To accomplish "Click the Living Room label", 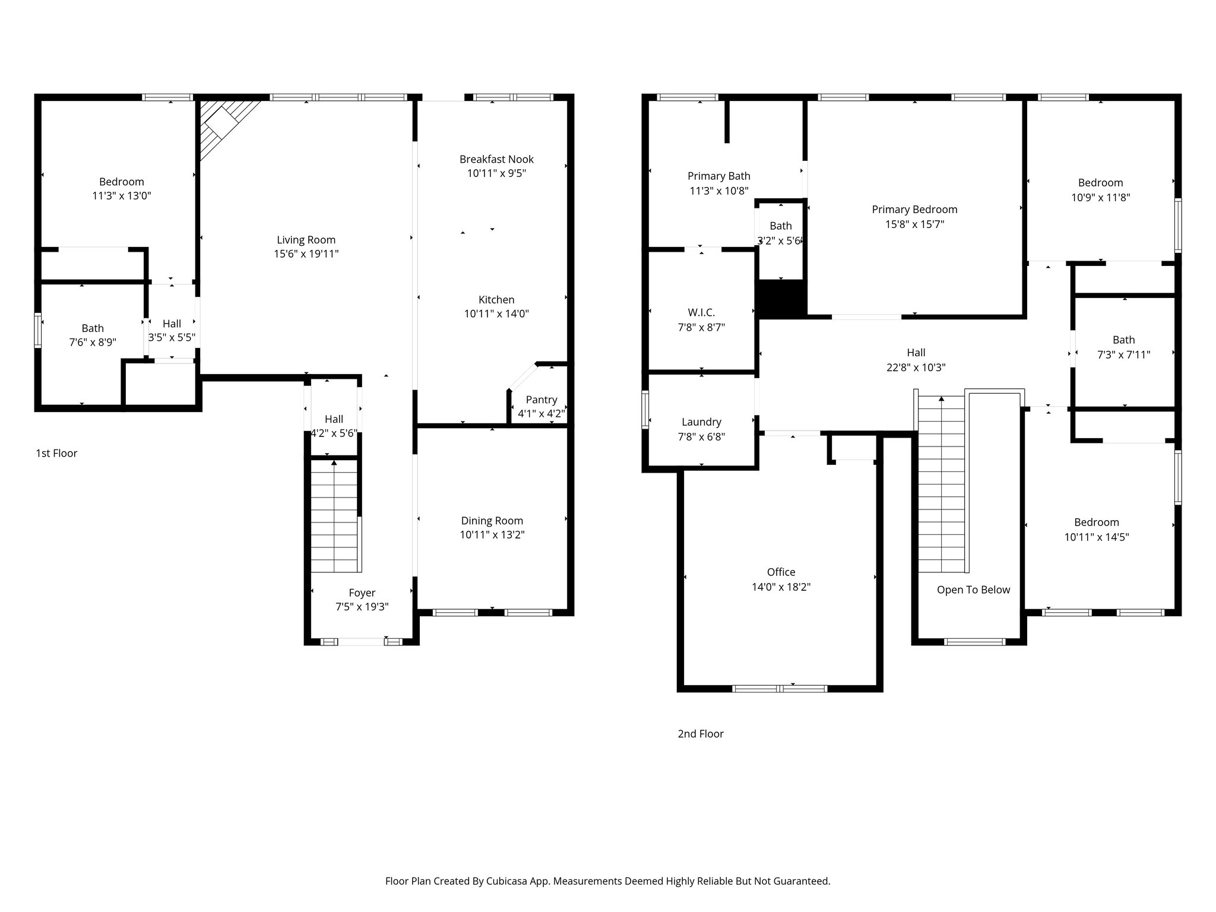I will click(x=306, y=240).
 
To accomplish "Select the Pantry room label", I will click(x=541, y=400).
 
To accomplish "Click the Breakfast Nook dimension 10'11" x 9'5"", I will click(x=496, y=173).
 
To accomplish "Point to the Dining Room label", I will click(x=492, y=521).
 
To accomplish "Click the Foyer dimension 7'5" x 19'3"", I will click(x=362, y=607).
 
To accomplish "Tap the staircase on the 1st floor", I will click(x=334, y=517).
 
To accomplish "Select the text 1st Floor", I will click(x=56, y=453).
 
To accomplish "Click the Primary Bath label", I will click(x=718, y=176).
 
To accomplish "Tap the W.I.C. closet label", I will click(x=701, y=312).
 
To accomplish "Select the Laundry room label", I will click(x=701, y=422).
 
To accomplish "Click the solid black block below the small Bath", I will click(x=780, y=298).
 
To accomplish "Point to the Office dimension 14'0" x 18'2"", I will click(x=781, y=587).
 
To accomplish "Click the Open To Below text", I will click(x=973, y=590).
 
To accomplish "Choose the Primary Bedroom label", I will click(x=914, y=210).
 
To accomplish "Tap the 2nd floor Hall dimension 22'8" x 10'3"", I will click(x=916, y=368).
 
